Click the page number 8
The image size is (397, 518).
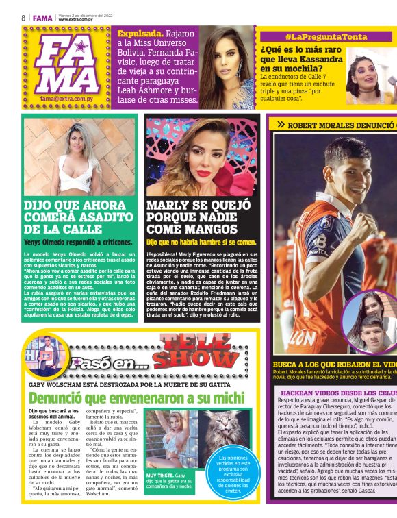(x=23, y=17)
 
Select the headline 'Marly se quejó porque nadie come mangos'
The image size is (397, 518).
(x=201, y=217)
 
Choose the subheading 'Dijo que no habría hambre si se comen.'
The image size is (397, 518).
(x=202, y=242)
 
